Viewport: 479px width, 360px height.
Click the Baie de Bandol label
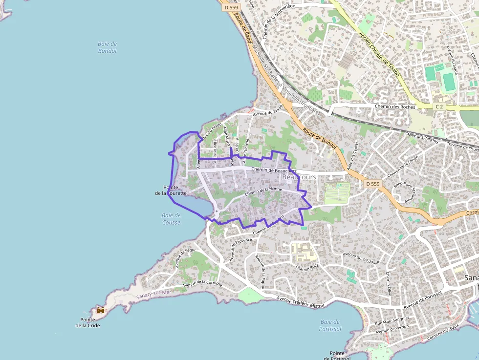(108, 47)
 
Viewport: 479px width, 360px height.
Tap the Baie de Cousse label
(171, 219)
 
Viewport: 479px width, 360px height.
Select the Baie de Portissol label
(330, 325)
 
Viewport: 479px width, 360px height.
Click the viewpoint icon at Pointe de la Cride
(101, 310)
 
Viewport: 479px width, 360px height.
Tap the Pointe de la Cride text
(87, 322)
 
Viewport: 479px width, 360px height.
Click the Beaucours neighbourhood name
(299, 177)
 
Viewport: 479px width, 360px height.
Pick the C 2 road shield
(439, 106)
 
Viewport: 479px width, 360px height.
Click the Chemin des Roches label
(395, 106)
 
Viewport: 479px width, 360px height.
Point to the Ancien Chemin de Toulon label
(379, 55)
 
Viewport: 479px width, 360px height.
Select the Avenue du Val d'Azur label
(361, 258)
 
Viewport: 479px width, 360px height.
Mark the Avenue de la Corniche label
(202, 284)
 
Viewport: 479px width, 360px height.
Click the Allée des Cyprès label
(352, 156)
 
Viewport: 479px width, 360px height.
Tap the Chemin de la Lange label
(403, 167)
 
